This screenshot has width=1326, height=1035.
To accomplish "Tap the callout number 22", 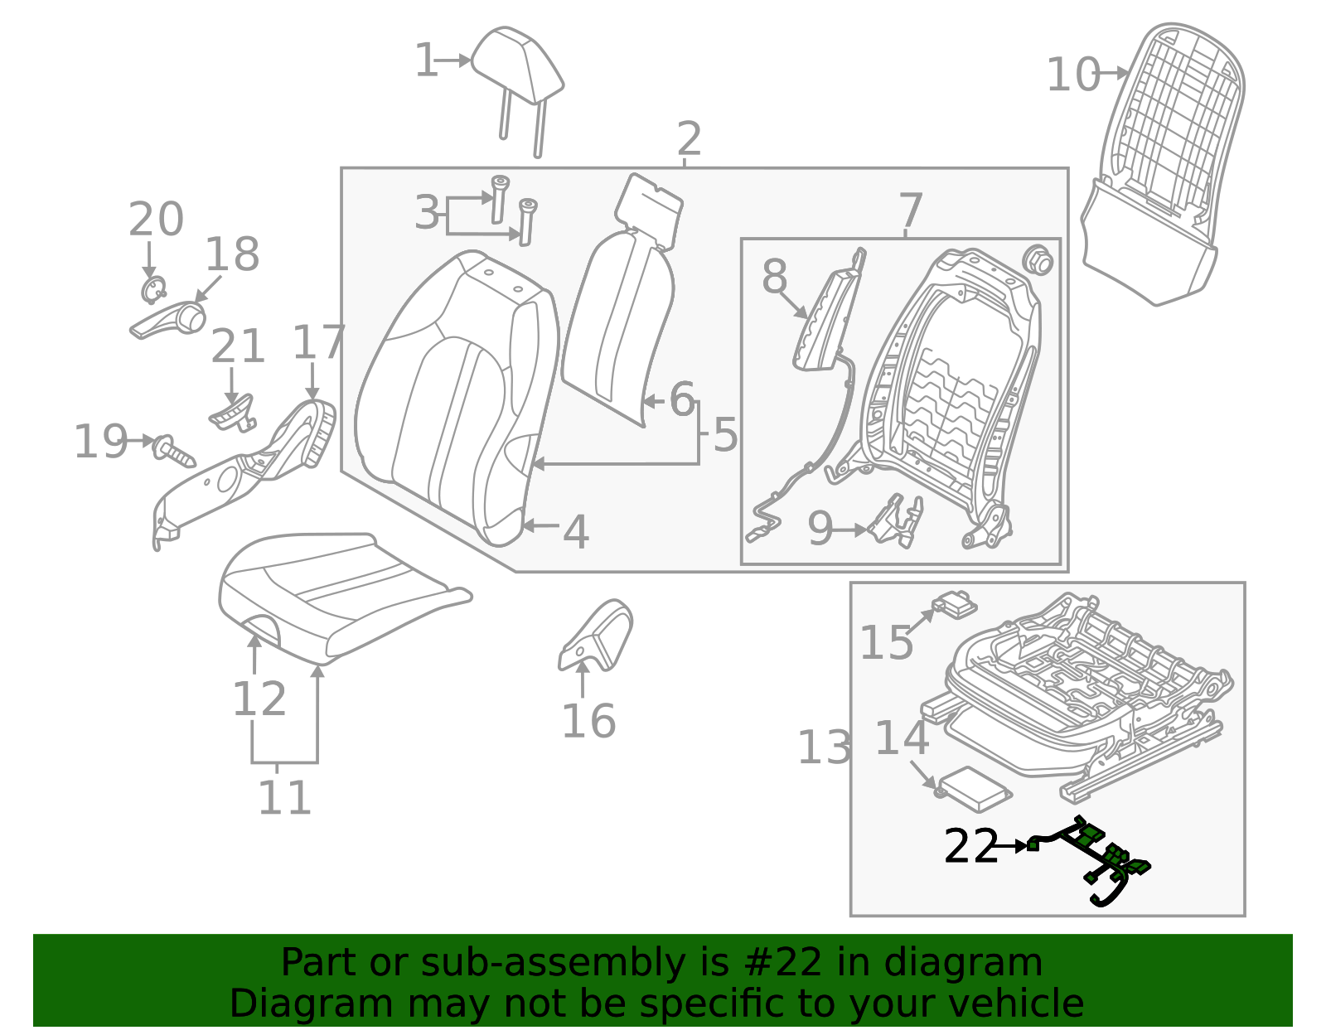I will (x=970, y=847).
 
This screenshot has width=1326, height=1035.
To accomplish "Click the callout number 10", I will (x=1072, y=75).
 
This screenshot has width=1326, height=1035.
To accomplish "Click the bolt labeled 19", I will (x=172, y=450).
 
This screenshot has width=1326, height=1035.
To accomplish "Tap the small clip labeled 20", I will (x=152, y=290).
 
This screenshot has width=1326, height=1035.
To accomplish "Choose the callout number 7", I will (x=910, y=210).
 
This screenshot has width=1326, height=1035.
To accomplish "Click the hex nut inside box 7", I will (x=1037, y=261).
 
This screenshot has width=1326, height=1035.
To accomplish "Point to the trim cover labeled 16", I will (x=597, y=636).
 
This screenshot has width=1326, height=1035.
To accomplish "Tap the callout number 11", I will (x=284, y=798).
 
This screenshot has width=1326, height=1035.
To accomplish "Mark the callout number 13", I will (x=823, y=747).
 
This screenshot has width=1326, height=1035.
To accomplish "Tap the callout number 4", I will (x=575, y=532).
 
